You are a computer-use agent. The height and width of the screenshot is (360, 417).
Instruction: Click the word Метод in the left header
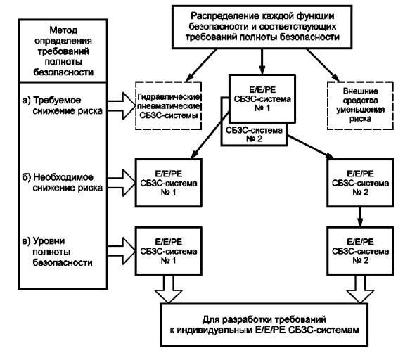[x=63, y=30]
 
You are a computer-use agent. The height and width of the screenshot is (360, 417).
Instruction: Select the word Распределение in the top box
[x=225, y=16]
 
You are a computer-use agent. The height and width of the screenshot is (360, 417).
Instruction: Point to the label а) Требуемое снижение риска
[x=62, y=105]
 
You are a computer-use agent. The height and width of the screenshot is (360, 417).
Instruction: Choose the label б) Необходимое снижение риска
[x=62, y=183]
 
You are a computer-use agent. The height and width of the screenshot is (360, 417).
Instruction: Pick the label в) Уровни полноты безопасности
[x=57, y=252]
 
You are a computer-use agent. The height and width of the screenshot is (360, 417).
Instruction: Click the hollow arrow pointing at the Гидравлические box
[x=122, y=105]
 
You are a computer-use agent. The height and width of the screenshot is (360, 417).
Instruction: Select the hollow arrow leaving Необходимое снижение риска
[x=122, y=183]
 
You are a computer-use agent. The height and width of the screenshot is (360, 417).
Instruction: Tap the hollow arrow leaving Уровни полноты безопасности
[x=122, y=251]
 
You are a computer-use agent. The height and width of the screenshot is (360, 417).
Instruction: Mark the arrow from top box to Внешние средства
[x=323, y=65]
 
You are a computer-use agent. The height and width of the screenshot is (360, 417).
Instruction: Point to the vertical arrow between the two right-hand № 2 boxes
[x=360, y=217]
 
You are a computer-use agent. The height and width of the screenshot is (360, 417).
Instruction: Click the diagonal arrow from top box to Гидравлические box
[x=201, y=65]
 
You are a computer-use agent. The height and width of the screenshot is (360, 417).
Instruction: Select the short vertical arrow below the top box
[x=262, y=61]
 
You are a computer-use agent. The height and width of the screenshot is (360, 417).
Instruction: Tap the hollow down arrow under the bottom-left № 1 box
[x=168, y=289]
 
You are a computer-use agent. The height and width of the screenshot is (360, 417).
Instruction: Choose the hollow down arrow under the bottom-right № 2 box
[x=360, y=289]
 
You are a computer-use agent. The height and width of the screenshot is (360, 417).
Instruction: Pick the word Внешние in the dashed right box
[x=360, y=91]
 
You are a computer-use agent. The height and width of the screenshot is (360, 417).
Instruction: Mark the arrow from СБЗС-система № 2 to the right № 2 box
[x=311, y=147]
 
